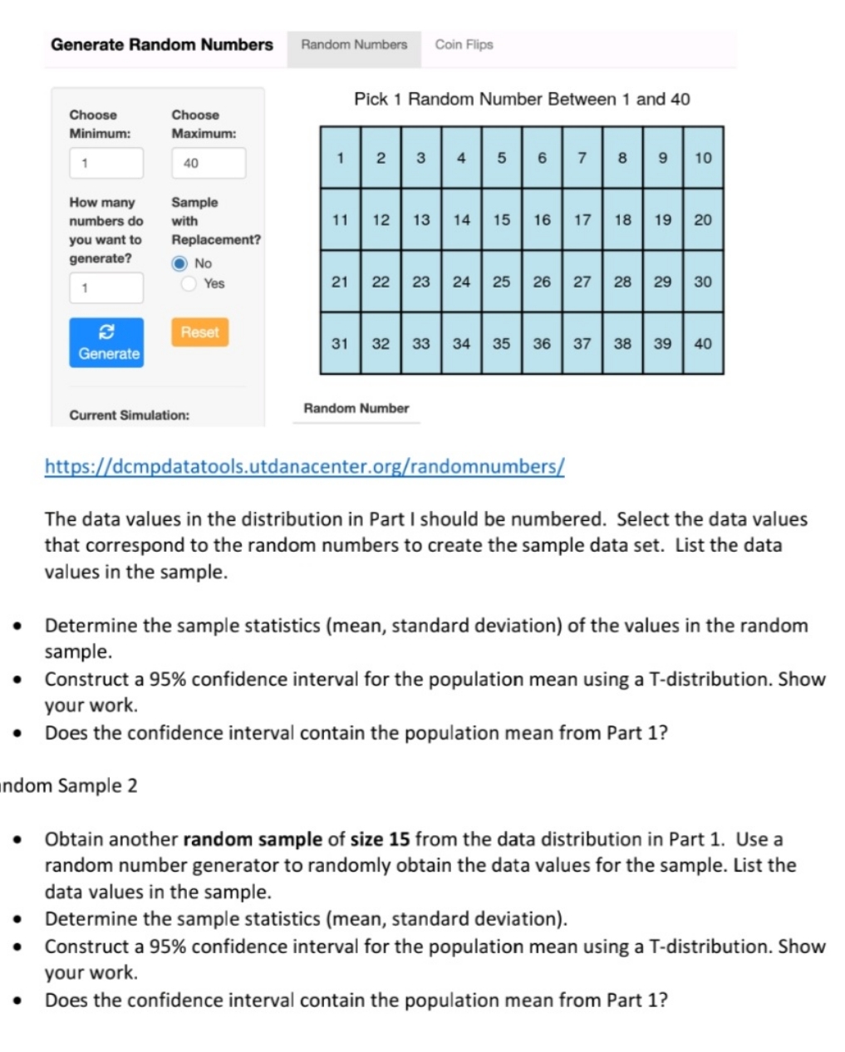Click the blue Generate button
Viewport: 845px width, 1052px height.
[106, 342]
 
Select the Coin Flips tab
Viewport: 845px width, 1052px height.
[464, 45]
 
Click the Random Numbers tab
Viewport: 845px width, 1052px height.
[354, 45]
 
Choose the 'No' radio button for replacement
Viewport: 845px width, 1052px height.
[179, 263]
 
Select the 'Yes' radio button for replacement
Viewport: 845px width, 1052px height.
[189, 284]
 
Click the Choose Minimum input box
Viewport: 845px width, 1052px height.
[106, 163]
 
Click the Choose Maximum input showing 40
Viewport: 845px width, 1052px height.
[209, 163]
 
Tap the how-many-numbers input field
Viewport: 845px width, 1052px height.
[106, 288]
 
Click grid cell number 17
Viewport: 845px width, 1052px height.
[582, 220]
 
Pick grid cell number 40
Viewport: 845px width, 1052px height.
[703, 343]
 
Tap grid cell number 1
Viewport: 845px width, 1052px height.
[340, 158]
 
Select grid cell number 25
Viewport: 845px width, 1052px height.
[502, 282]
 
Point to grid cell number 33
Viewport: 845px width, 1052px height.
[421, 343]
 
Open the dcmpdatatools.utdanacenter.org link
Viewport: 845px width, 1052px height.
[304, 466]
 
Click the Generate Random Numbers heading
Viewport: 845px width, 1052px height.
[162, 45]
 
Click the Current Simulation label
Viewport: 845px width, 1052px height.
[129, 415]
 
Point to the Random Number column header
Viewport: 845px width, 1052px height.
[356, 408]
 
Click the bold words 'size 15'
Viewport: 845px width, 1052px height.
[380, 839]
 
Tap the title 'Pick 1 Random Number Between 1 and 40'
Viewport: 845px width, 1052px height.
[522, 100]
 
